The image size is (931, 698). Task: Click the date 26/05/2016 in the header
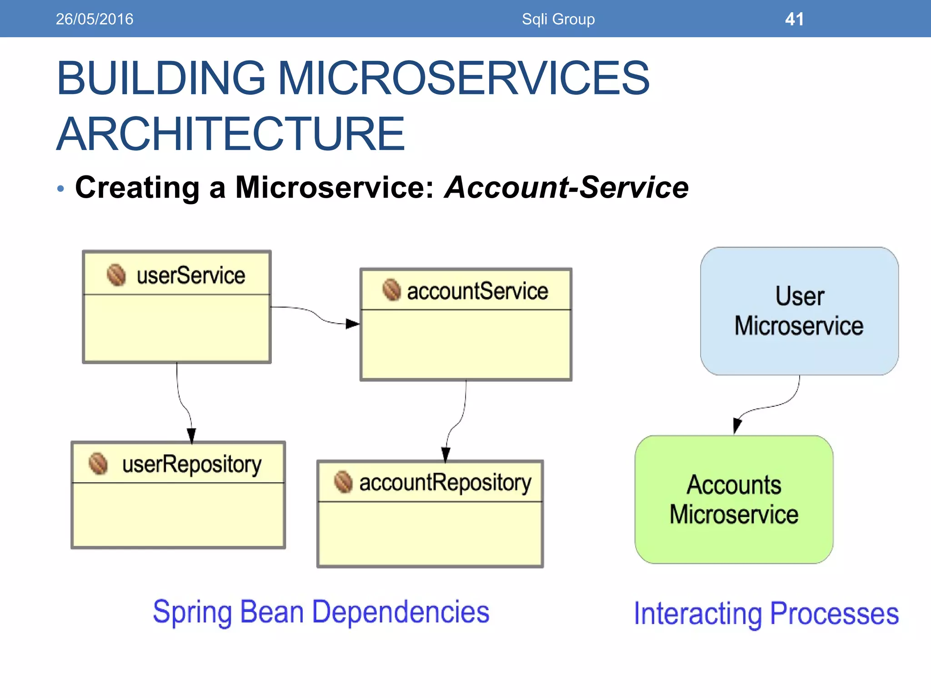click(x=94, y=19)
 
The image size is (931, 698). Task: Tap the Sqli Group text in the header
click(x=558, y=19)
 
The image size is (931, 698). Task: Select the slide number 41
click(x=794, y=19)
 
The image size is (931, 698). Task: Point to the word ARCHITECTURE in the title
click(x=230, y=134)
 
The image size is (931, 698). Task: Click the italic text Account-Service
click(x=566, y=187)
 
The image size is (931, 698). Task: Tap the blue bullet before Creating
click(x=61, y=189)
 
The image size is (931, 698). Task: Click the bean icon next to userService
click(x=116, y=275)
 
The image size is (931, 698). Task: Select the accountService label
click(x=477, y=291)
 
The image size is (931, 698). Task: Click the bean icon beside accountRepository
click(x=343, y=482)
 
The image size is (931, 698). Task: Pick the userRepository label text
click(x=191, y=464)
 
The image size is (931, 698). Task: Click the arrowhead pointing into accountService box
click(x=353, y=324)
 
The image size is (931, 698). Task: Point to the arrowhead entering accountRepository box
click(x=445, y=454)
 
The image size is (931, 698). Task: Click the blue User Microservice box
click(x=799, y=311)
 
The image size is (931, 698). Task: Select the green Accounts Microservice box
click(x=734, y=499)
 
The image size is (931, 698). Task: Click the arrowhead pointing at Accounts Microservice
click(x=737, y=426)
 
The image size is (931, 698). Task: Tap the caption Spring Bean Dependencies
click(x=321, y=612)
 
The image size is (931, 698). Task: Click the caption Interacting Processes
click(x=766, y=613)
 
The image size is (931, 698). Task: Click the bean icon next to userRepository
click(x=98, y=464)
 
